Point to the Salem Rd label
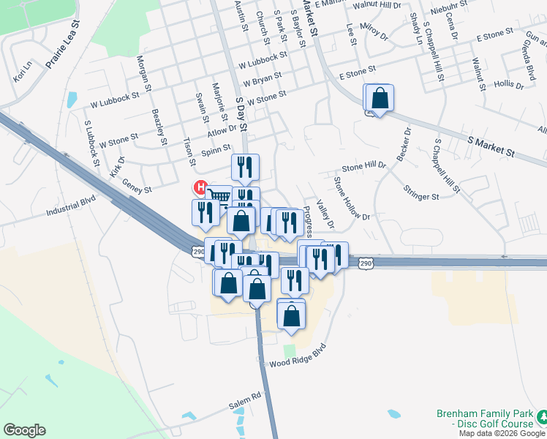pyautogui.click(x=244, y=398)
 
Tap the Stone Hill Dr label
pyautogui.click(x=363, y=167)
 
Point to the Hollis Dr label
pyautogui.click(x=509, y=86)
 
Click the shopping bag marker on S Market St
pyautogui.click(x=380, y=97)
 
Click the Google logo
pyautogui.click(x=24, y=430)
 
